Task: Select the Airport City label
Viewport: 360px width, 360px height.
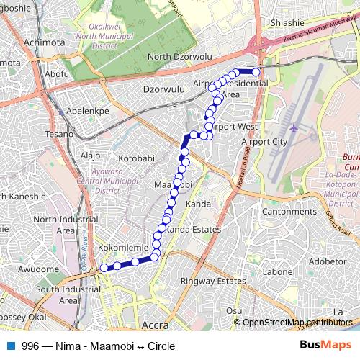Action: pyautogui.click(x=264, y=141)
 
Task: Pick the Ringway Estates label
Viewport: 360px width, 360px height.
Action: pyautogui.click(x=213, y=280)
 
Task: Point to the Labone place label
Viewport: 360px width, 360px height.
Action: pyautogui.click(x=276, y=272)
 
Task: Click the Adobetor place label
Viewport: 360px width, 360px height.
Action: pyautogui.click(x=328, y=261)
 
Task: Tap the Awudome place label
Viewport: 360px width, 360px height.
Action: pyautogui.click(x=39, y=269)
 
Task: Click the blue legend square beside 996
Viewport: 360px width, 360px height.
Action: pyautogui.click(x=10, y=346)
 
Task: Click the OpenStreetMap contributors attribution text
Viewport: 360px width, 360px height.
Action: pyautogui.click(x=297, y=323)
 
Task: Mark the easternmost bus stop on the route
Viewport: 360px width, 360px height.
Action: pyautogui.click(x=256, y=71)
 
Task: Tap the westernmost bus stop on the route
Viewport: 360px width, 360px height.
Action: pyautogui.click(x=104, y=268)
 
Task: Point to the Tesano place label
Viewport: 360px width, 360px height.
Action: pyautogui.click(x=60, y=134)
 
